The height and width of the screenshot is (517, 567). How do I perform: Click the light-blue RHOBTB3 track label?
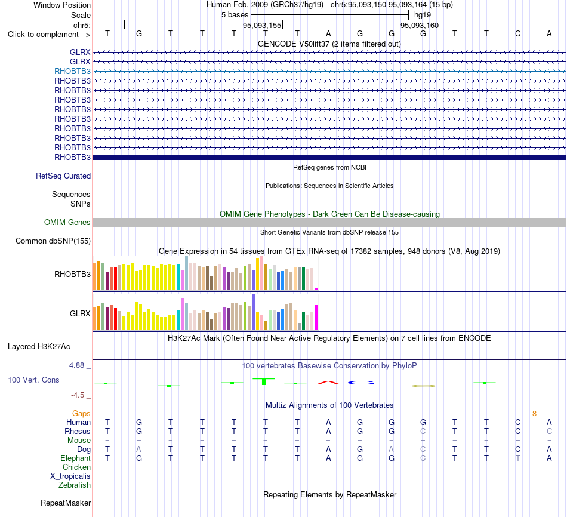click(72, 71)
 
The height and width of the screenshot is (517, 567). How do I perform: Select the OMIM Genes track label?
click(67, 222)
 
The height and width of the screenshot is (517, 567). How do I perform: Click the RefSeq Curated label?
click(63, 176)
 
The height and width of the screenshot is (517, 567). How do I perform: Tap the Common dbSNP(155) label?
click(53, 241)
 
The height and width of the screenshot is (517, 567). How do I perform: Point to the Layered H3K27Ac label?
click(39, 347)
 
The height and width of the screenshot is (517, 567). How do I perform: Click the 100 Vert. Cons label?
click(33, 380)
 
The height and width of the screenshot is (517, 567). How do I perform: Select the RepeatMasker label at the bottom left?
click(66, 503)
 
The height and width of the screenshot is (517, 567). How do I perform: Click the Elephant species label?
click(75, 458)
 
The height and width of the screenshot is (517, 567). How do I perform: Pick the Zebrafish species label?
click(75, 485)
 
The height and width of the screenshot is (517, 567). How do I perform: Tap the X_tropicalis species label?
click(70, 476)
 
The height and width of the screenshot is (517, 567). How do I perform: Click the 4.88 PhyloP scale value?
click(76, 365)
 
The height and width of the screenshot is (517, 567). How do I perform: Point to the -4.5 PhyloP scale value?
click(78, 395)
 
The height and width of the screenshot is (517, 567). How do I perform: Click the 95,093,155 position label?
click(262, 25)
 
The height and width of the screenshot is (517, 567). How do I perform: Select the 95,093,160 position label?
click(420, 25)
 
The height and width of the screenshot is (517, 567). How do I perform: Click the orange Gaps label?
click(81, 413)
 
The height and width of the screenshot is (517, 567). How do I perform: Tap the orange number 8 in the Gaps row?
click(534, 413)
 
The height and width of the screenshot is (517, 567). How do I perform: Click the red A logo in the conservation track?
click(328, 383)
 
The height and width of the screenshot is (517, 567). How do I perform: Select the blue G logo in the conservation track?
click(360, 383)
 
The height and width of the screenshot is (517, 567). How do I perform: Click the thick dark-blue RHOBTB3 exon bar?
click(329, 158)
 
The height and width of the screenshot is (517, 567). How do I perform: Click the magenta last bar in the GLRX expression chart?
click(316, 318)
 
